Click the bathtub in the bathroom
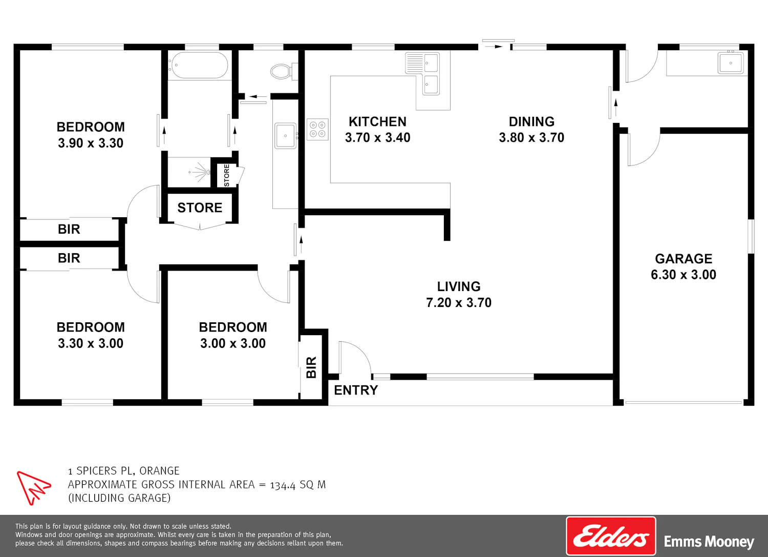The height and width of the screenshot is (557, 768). click(198, 65)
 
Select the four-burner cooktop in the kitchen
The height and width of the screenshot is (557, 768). click(317, 129)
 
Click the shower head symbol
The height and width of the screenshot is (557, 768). click(200, 172)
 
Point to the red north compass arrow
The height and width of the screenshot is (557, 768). click(33, 488)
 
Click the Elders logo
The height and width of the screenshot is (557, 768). click(611, 536)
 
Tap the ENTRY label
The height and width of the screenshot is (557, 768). click(356, 390)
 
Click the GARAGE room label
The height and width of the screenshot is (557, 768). click(684, 258)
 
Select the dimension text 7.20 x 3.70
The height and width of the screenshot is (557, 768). click(459, 302)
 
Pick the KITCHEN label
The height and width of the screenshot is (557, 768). click(377, 121)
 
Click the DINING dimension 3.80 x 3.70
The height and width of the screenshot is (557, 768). click(531, 137)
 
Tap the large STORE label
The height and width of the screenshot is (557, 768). click(200, 208)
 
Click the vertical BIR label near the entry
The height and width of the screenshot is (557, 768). click(311, 367)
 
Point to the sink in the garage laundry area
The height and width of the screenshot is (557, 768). click(731, 63)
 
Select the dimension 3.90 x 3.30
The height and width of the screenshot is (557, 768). click(91, 143)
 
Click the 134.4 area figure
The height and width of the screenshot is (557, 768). click(283, 485)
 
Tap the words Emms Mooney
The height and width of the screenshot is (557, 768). click(709, 542)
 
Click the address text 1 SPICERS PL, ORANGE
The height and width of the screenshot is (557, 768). click(124, 470)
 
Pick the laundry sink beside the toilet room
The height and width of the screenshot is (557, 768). click(285, 136)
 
